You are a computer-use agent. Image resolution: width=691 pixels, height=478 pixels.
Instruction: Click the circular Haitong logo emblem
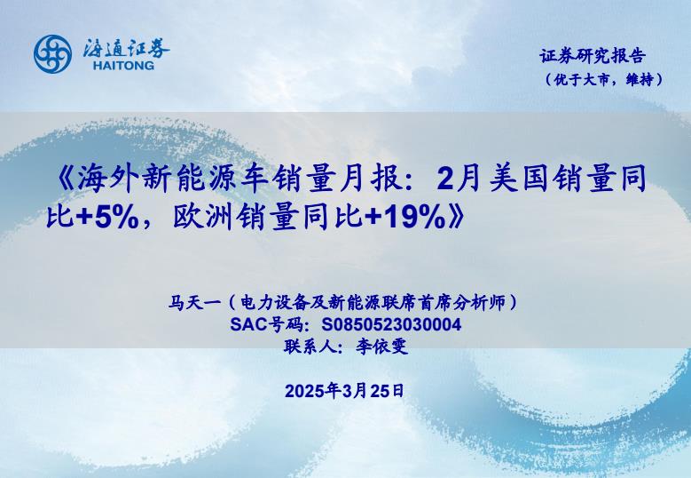[53, 54]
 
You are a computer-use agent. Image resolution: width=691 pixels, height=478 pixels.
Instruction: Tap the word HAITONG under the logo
[124, 66]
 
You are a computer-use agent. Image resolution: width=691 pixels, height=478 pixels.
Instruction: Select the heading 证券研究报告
[593, 56]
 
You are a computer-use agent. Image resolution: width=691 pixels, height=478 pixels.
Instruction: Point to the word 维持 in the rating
[640, 79]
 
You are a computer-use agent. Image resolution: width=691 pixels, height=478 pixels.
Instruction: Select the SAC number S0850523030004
[391, 325]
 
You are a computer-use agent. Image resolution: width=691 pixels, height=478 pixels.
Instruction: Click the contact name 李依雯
[381, 347]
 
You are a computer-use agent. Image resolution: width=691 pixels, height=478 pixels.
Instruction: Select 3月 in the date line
[354, 391]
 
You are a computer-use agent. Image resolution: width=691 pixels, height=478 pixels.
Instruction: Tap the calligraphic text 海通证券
[126, 48]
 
